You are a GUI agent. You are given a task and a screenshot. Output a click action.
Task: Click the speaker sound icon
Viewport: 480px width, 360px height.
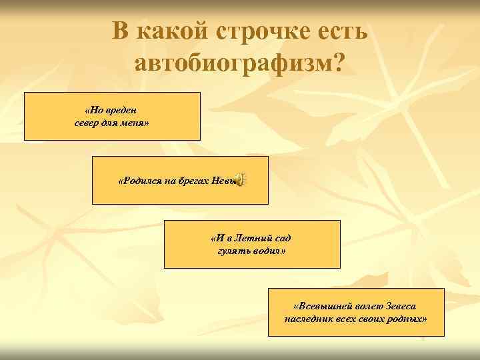[241, 179]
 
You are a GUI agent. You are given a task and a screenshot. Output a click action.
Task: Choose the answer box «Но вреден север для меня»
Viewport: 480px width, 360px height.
[112, 117]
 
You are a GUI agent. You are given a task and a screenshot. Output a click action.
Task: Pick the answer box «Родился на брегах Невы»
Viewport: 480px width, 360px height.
[179, 180]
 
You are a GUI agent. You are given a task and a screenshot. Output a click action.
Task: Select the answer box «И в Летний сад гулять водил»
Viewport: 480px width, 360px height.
[251, 244]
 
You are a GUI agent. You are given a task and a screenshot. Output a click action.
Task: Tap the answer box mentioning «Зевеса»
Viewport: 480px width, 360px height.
[355, 312]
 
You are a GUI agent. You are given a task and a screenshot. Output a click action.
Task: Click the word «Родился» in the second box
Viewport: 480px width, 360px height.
[139, 180]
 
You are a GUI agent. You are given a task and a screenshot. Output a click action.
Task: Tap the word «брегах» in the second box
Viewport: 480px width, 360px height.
[193, 180]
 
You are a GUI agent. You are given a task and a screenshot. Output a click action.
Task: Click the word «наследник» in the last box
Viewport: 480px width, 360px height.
[306, 319]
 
